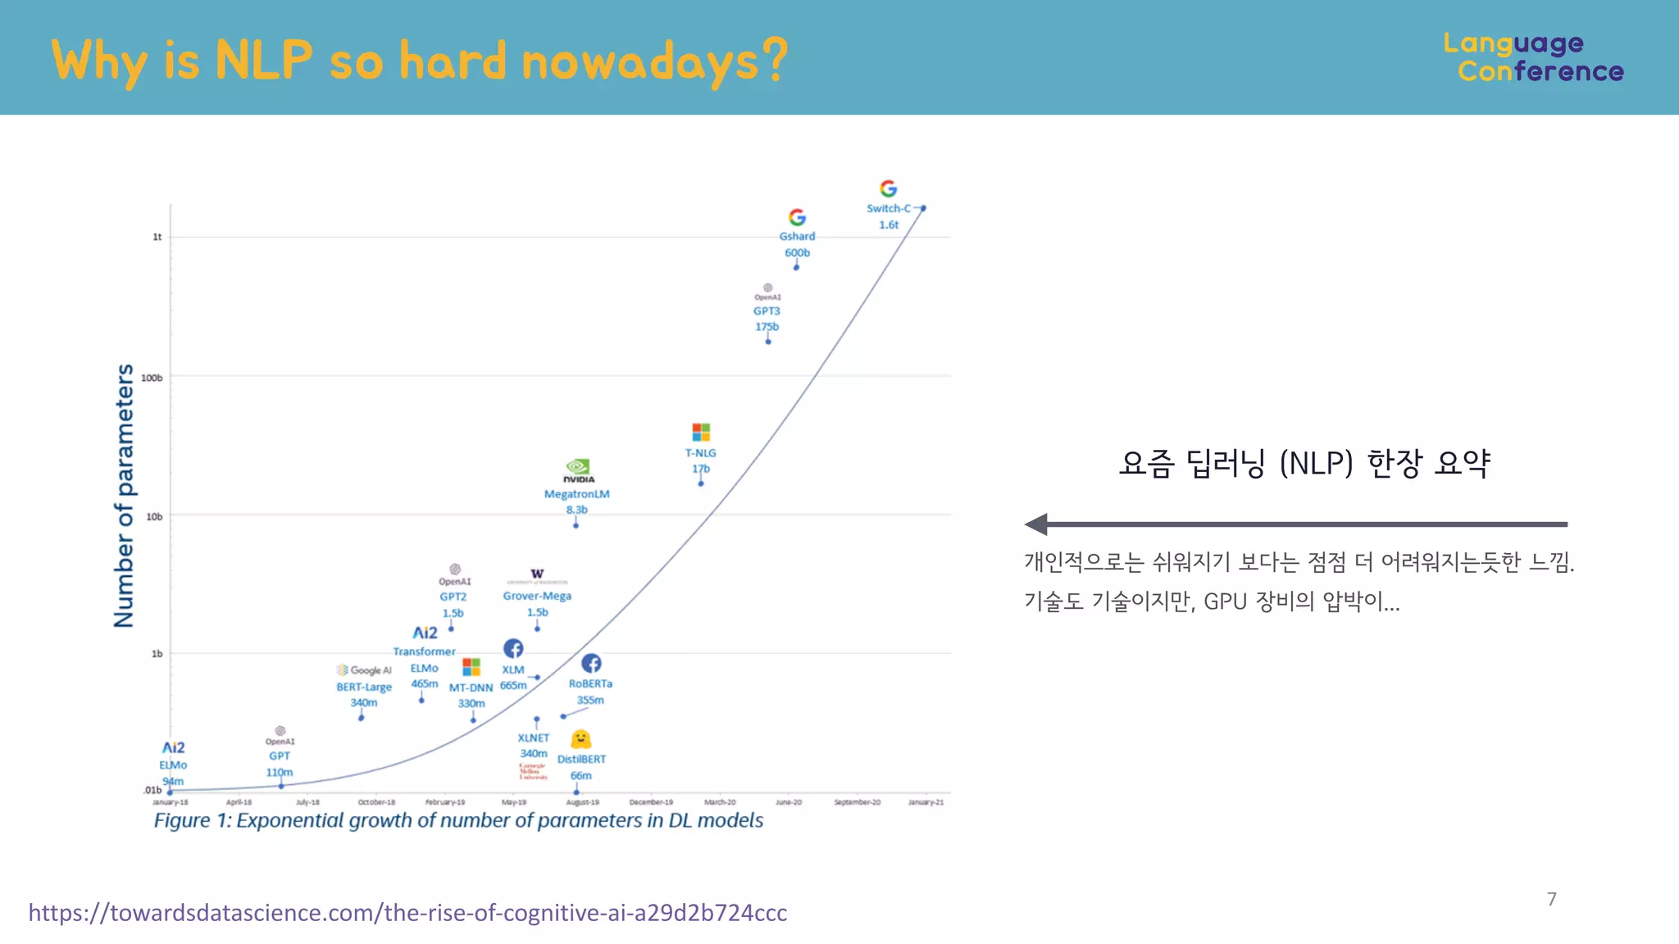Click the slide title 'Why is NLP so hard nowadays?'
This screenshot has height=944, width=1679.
pos(419,61)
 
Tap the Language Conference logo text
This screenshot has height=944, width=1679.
pos(1532,57)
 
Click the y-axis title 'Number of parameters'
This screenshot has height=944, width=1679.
pos(124,496)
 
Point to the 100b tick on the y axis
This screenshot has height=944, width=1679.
pos(152,378)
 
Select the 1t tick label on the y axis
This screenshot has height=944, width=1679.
pos(157,237)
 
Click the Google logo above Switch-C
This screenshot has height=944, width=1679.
pos(888,188)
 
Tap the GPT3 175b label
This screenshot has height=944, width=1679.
pos(767,318)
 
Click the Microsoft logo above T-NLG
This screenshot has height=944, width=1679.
pos(701,432)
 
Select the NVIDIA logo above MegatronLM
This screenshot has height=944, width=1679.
pos(578,470)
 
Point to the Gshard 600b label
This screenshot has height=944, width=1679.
pos(797,244)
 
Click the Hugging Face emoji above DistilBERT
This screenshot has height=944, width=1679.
pos(580,739)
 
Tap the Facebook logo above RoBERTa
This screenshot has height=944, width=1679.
pos(591,663)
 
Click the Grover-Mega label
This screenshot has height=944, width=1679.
pos(537,596)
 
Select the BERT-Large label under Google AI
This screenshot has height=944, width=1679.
pos(364,687)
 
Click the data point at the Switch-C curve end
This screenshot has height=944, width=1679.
pos(923,208)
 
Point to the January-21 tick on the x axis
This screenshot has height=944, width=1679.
pos(926,802)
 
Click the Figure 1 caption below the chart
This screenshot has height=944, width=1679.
pos(458,820)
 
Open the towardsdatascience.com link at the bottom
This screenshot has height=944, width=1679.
pos(407,912)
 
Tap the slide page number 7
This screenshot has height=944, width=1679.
pos(1551,899)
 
